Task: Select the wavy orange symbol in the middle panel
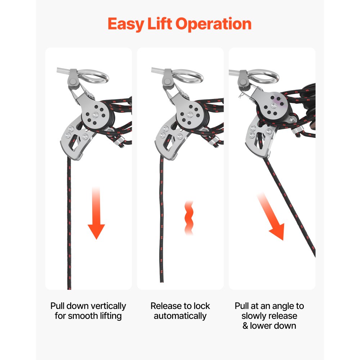click(189, 218)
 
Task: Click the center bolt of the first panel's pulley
click(95, 115)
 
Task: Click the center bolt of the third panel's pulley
click(274, 105)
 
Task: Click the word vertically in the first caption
click(108, 306)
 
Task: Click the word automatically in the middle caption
click(180, 316)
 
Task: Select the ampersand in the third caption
click(245, 326)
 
